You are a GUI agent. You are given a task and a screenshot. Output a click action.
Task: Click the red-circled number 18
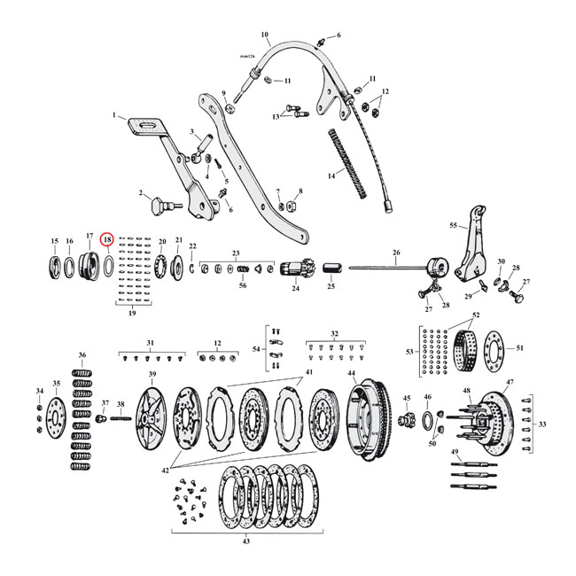tap(107, 239)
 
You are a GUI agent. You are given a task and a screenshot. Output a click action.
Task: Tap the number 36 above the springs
tap(82, 354)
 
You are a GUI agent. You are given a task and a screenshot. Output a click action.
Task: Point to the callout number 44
tap(352, 373)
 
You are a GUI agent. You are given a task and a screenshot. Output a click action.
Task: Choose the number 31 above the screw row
tap(150, 343)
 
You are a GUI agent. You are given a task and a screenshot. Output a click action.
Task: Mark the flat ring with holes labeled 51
tap(493, 347)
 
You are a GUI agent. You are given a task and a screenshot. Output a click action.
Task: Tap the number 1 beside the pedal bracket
tap(113, 115)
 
